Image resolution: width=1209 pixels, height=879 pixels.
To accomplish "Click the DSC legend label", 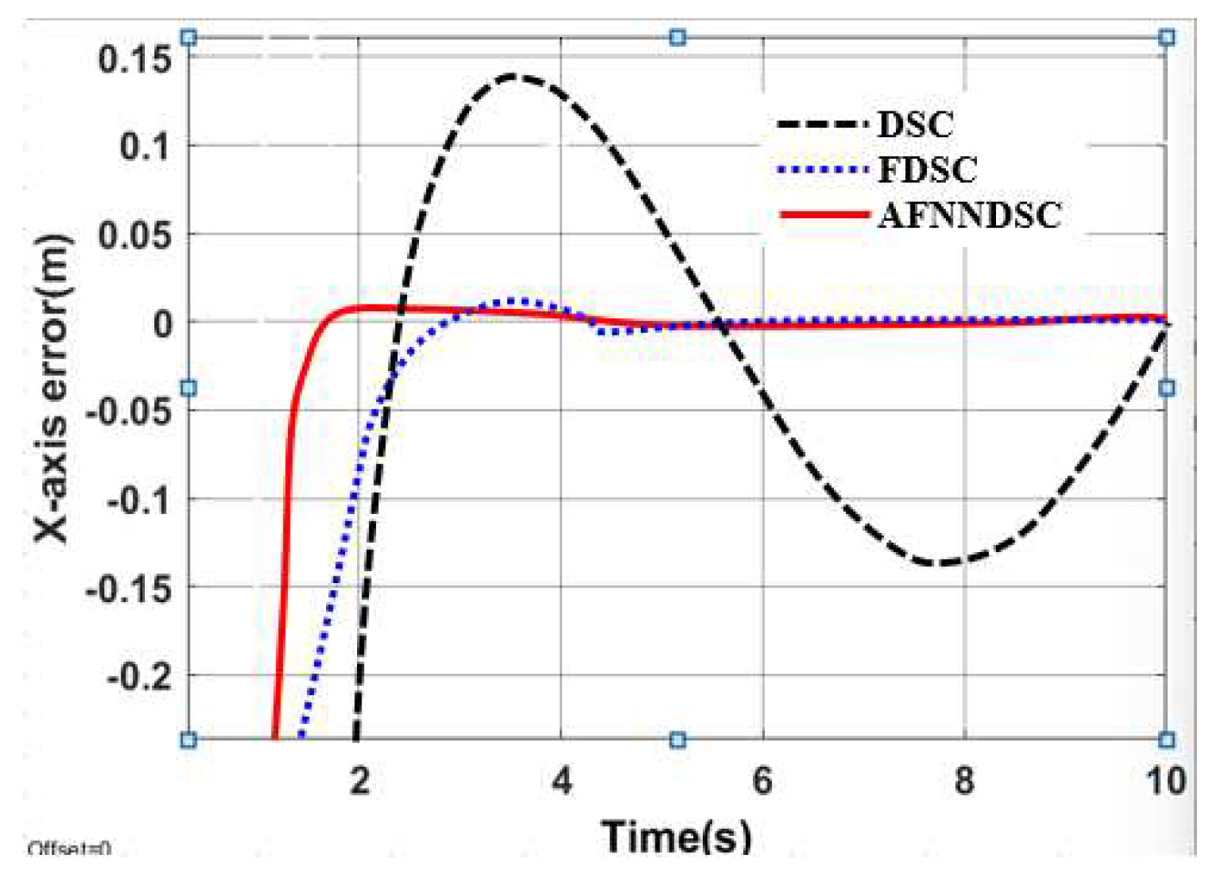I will (915, 124).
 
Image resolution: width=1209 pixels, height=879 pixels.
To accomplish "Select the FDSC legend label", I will (927, 169).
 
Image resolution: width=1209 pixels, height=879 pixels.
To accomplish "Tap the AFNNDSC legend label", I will (969, 215).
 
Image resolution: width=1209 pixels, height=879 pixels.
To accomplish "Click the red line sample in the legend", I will (824, 214).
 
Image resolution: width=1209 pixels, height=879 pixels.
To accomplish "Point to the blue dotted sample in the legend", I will (824, 169).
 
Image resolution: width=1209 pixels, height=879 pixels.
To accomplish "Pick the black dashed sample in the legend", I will (824, 124).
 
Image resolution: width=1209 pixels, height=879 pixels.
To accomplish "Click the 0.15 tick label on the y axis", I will (134, 59).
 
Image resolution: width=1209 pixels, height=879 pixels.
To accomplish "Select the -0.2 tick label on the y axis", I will (139, 675).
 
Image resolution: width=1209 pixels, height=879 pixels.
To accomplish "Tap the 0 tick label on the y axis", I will (162, 323).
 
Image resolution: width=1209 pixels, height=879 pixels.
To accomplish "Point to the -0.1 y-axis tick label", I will (139, 499).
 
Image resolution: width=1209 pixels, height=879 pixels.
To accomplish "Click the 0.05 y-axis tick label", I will (134, 235).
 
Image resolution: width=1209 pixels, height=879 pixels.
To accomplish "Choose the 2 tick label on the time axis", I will (360, 781).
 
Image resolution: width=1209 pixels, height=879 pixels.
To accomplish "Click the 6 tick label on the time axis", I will (762, 781).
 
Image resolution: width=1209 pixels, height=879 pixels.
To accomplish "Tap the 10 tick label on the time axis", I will (1164, 781).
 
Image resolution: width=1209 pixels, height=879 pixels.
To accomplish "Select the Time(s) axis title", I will (676, 835).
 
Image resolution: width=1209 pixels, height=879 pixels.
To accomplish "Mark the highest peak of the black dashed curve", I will (512, 76).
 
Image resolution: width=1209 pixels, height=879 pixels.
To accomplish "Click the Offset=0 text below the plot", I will (69, 849).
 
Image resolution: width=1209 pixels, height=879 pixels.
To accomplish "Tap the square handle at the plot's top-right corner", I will (1166, 37).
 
